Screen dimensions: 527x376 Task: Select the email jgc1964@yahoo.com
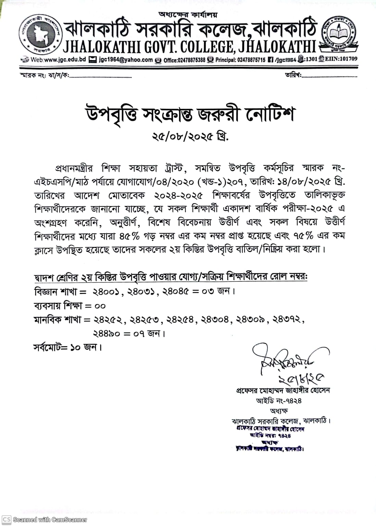126,60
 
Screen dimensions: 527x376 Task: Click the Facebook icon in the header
271,60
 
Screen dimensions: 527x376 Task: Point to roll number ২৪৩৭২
286,319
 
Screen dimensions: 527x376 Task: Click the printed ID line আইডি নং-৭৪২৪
279,400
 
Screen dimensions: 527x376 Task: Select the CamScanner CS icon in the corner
7,519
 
